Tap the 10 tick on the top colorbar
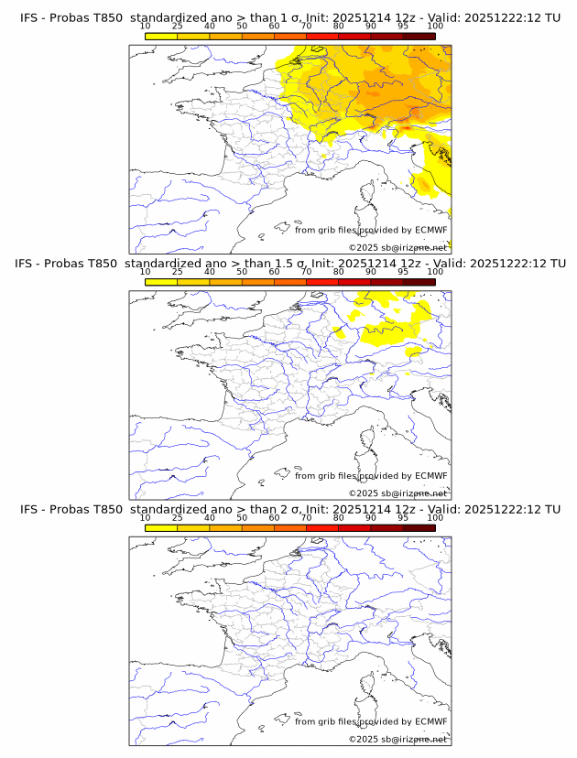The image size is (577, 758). pos(146,26)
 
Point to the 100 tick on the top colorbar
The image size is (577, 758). pos(435,26)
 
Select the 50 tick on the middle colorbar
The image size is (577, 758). pos(242,272)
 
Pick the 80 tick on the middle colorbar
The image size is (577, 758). pos(339,272)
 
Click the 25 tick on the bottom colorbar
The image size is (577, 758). pos(178,518)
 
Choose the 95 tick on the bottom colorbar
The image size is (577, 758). pos(403,518)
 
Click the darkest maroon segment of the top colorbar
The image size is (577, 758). pos(419,36)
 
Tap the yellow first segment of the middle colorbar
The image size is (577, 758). pos(161,282)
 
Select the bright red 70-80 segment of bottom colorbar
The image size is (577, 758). pos(322,527)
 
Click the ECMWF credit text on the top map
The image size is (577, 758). pos(371,230)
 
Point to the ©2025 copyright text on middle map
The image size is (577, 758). pos(397,493)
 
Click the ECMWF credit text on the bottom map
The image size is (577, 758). pos(371,721)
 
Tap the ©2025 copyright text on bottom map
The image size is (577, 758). pos(397,739)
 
